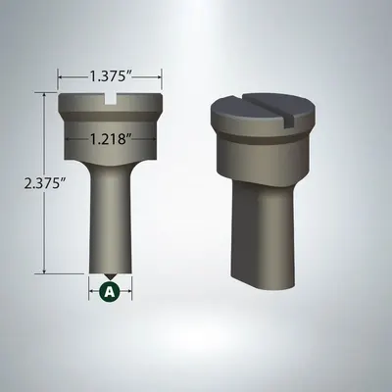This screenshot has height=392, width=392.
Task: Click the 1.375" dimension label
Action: (x=110, y=76)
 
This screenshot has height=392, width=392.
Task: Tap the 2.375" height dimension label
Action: (x=44, y=183)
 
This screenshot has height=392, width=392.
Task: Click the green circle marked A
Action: (x=110, y=291)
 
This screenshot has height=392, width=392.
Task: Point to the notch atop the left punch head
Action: (x=110, y=100)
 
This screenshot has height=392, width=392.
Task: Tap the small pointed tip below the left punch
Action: (x=110, y=276)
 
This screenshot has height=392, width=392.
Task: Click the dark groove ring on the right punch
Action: (x=262, y=136)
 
